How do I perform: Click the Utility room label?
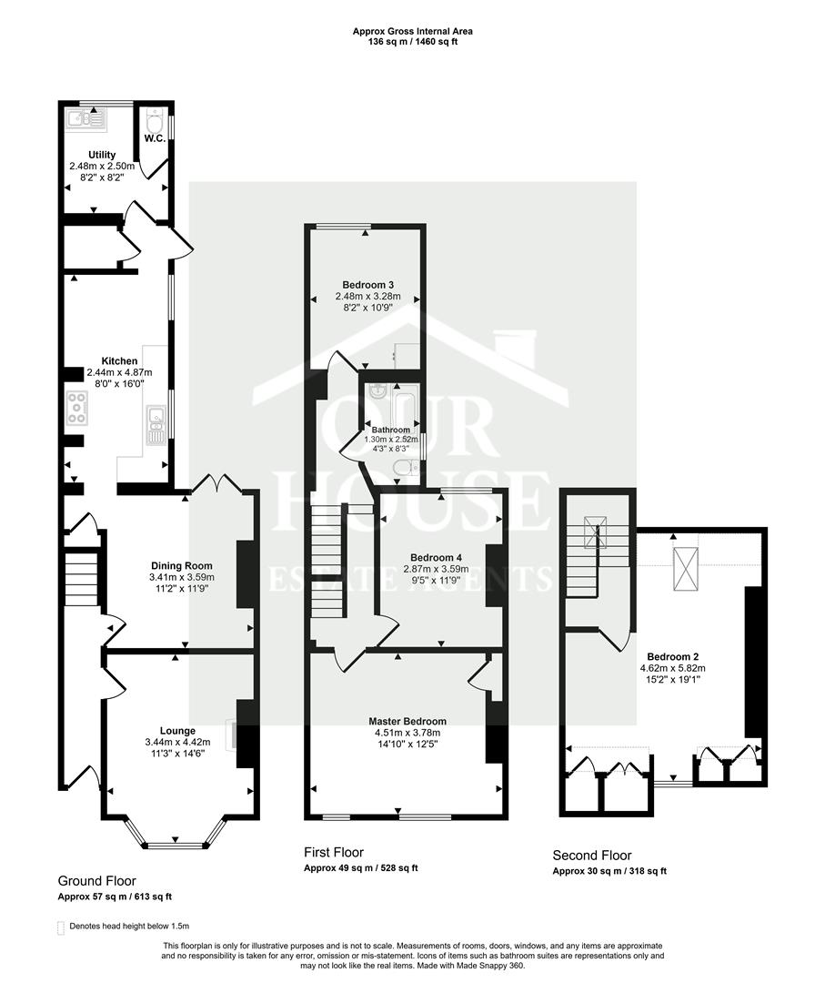pyautogui.click(x=101, y=155)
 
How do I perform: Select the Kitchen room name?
pyautogui.click(x=119, y=361)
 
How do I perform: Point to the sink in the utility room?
pyautogui.click(x=86, y=117)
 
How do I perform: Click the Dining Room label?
pyautogui.click(x=180, y=565)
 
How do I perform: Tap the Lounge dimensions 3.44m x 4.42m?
pyautogui.click(x=178, y=743)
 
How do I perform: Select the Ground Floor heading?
pyautogui.click(x=97, y=881)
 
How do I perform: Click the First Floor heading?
pyautogui.click(x=334, y=853)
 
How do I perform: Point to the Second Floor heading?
pyautogui.click(x=592, y=856)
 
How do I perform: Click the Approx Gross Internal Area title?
pyautogui.click(x=412, y=32)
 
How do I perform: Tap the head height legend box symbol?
pyautogui.click(x=61, y=927)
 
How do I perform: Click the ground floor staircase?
pyautogui.click(x=79, y=579)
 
